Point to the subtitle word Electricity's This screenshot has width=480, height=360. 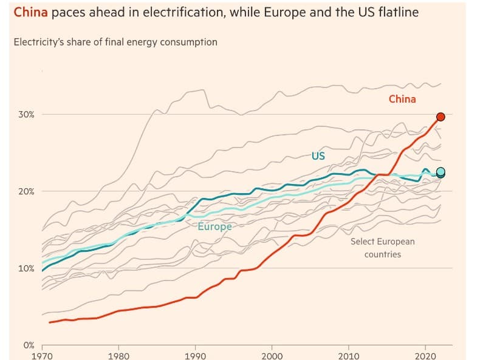tap(39, 42)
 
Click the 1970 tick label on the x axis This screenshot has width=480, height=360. tap(42, 355)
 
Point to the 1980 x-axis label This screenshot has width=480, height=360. tap(118, 355)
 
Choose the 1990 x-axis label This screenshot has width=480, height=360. tap(195, 355)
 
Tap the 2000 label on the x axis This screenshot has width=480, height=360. tap(272, 355)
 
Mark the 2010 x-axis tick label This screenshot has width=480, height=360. tap(349, 355)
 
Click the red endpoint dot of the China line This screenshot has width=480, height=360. tap(441, 117)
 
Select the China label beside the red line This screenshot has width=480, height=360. tap(402, 99)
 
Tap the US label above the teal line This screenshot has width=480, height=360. tap(318, 156)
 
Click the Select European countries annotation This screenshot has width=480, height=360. tap(382, 248)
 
